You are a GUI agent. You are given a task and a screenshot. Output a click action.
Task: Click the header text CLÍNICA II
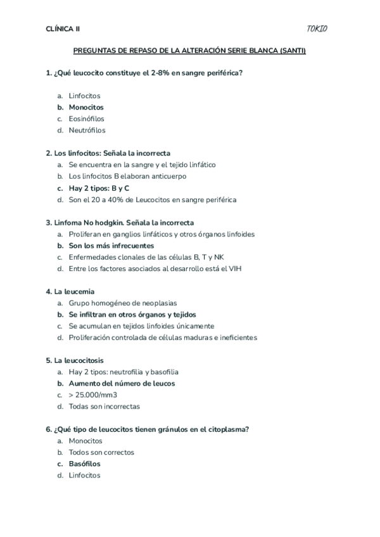point(63,28)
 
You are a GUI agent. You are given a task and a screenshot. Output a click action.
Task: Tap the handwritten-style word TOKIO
point(317,28)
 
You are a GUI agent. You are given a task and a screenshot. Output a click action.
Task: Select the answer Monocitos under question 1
point(86,107)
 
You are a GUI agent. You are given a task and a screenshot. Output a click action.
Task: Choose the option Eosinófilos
point(87,118)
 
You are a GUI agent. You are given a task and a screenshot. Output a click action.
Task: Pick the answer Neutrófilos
point(87,130)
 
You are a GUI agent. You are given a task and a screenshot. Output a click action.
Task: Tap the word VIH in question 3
point(235,268)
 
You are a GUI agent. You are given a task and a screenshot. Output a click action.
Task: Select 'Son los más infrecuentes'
point(111,246)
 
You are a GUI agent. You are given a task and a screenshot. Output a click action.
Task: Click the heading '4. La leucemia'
point(70,291)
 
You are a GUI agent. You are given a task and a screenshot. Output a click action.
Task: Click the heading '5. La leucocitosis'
point(75,360)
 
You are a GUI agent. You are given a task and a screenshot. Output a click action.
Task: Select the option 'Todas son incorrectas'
point(104,407)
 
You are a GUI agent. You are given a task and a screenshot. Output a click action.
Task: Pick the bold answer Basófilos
point(85,464)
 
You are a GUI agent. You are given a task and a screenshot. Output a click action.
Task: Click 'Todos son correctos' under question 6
point(101,453)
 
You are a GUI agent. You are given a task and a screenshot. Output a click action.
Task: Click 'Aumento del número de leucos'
point(122,383)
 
